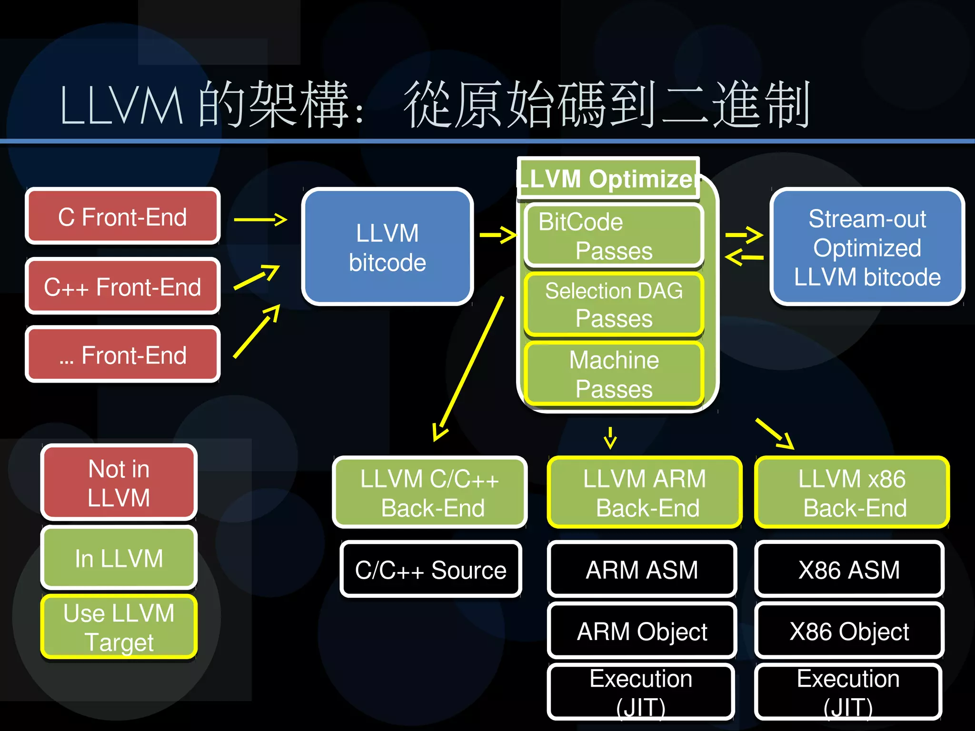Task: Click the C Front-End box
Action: (x=122, y=217)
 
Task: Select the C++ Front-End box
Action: (x=122, y=286)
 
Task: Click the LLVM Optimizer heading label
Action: (x=608, y=179)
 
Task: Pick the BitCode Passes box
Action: (x=614, y=236)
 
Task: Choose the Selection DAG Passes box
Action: (x=614, y=304)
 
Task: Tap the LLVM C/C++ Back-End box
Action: (x=430, y=493)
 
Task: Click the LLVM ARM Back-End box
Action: (x=645, y=493)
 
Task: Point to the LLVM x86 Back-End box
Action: (x=852, y=493)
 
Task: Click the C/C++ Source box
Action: (x=431, y=570)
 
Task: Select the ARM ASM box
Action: (x=642, y=570)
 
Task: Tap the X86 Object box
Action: (x=849, y=632)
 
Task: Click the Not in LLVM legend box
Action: (x=119, y=483)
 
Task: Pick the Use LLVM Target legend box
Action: (x=119, y=627)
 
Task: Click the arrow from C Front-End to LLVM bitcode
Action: (x=260, y=219)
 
